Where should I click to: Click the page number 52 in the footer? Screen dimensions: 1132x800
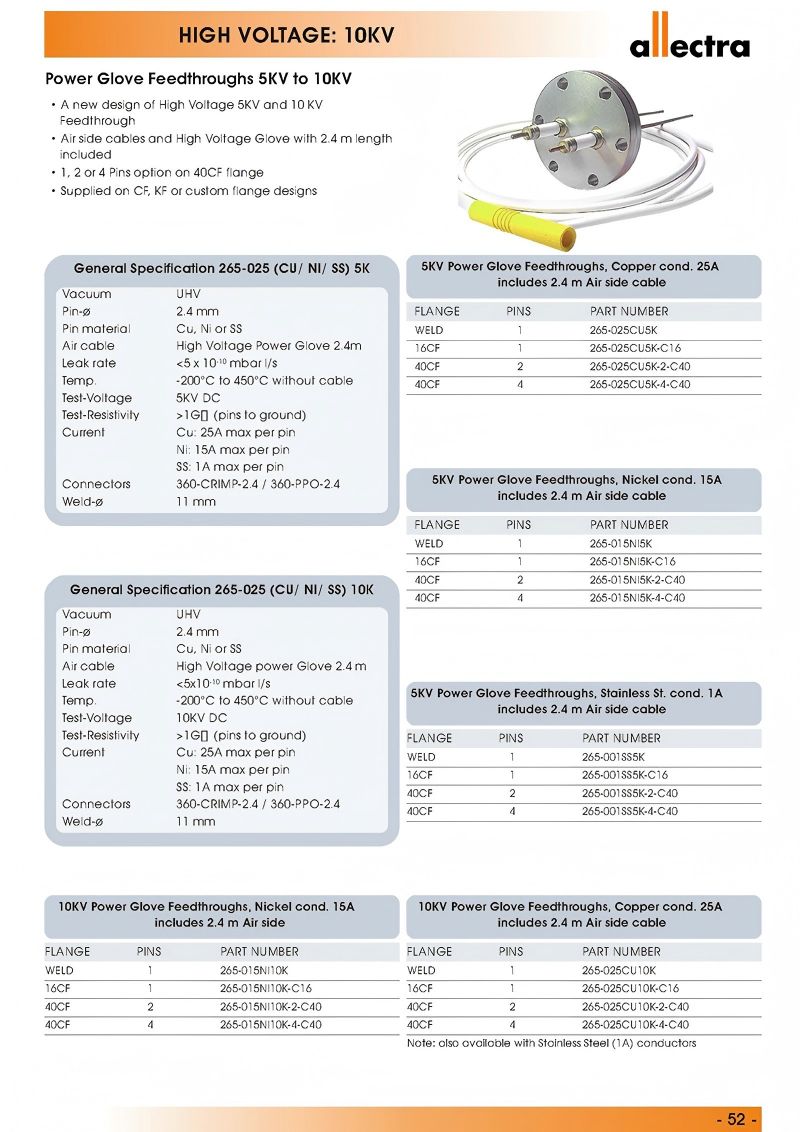[737, 1119]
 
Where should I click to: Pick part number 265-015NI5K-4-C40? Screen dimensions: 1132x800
[637, 598]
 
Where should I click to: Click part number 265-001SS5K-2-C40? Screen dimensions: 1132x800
[631, 793]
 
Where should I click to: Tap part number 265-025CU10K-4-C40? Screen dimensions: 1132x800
[635, 1024]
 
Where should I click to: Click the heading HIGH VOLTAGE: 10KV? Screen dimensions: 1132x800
[286, 37]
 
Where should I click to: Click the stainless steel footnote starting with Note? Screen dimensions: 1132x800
[551, 1043]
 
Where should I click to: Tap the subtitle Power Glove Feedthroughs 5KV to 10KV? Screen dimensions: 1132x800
[198, 79]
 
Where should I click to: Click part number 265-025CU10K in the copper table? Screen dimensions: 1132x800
[619, 970]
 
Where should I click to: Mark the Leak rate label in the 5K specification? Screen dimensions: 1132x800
[88, 364]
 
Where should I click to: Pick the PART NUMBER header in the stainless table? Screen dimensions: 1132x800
[621, 738]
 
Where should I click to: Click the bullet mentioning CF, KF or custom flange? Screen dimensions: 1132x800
[188, 190]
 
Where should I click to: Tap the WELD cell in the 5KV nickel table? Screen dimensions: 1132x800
[429, 544]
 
